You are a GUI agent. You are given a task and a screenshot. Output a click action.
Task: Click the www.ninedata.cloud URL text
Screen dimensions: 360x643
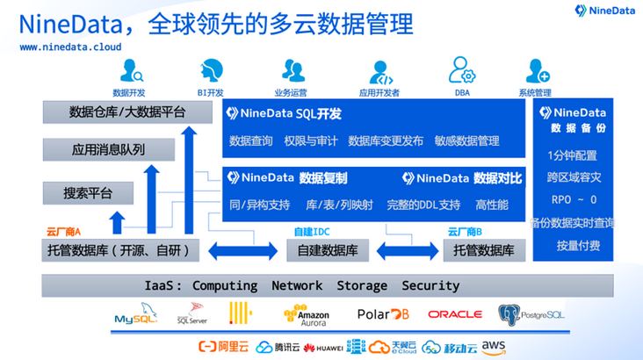70,47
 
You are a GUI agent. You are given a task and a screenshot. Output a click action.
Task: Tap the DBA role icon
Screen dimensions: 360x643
462,70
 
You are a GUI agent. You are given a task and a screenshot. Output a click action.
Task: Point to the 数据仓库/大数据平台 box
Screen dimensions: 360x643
127,112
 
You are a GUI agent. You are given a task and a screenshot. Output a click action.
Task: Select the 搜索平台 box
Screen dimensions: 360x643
88,193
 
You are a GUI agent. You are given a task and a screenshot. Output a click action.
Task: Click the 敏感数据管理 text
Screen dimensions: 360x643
466,140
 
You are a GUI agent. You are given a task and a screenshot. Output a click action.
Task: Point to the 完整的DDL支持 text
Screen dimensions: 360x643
423,205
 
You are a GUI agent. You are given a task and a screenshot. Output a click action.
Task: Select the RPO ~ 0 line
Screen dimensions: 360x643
571,199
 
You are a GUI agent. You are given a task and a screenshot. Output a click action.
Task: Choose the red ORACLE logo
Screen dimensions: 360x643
454,313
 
